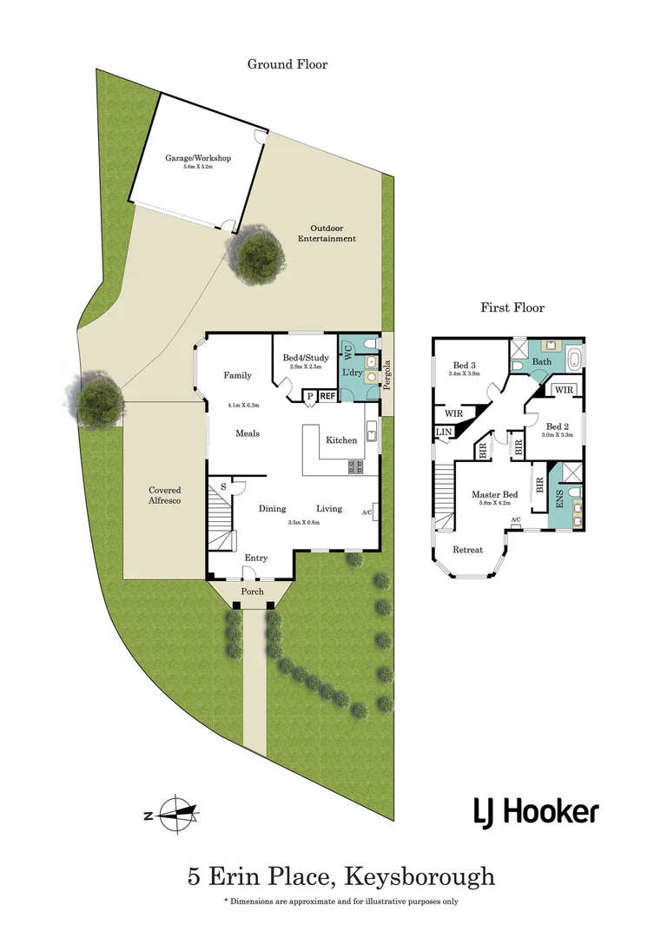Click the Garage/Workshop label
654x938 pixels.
pos(198,158)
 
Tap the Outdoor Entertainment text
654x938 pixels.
pos(327,233)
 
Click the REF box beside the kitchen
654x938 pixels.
pos(327,396)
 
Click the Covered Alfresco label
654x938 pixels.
pos(164,496)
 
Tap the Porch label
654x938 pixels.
pos(252,591)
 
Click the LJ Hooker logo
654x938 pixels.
pos(535,812)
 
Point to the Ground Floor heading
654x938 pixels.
pos(287,64)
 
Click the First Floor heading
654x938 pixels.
pos(512,307)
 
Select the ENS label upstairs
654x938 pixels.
pos(558,500)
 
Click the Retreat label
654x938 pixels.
pos(468,549)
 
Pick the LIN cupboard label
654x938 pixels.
pos(443,432)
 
